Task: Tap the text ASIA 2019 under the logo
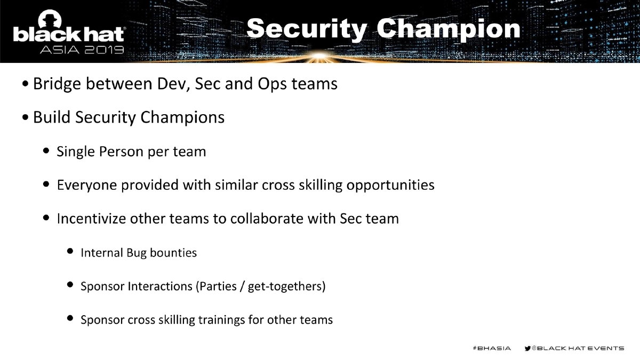82,51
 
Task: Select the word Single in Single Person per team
76,152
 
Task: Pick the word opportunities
390,185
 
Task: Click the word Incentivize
91,219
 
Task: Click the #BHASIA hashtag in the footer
491,348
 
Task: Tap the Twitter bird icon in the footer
528,348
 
